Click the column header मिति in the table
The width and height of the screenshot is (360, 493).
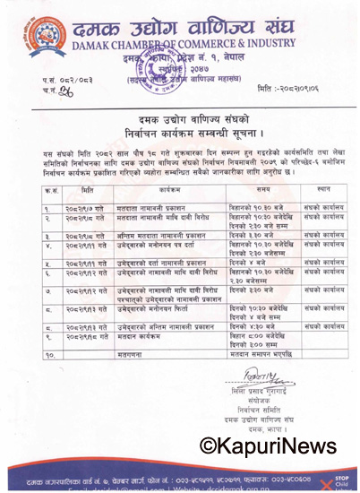[x=86, y=189]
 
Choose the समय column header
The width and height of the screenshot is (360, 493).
[x=264, y=189]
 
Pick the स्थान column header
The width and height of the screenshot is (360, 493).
[x=323, y=189]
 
